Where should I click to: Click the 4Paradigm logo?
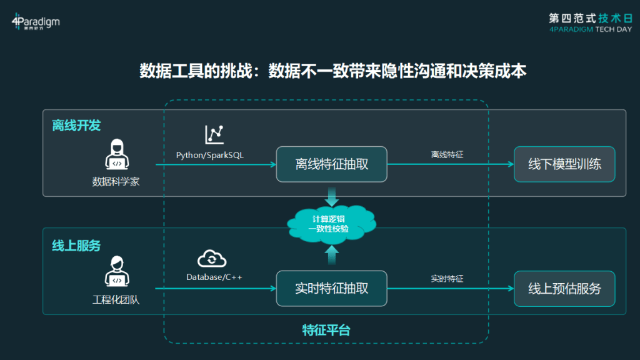click(x=36, y=22)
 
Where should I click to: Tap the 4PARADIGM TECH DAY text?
click(x=590, y=29)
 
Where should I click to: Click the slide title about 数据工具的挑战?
click(x=332, y=71)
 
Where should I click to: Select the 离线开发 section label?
click(x=76, y=125)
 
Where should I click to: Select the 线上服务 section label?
click(x=76, y=246)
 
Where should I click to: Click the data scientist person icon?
click(x=117, y=154)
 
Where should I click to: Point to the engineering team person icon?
click(x=117, y=271)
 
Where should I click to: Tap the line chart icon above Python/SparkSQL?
click(x=214, y=134)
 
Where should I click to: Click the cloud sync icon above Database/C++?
click(x=212, y=258)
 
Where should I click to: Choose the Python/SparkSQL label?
click(x=210, y=155)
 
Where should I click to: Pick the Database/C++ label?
click(x=214, y=277)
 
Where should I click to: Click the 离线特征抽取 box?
click(x=331, y=164)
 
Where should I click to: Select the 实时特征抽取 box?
click(x=331, y=289)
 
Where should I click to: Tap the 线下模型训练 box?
click(x=564, y=164)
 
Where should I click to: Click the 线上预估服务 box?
click(x=564, y=289)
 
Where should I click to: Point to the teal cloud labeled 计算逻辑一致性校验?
click(x=331, y=224)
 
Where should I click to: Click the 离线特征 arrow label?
click(x=447, y=155)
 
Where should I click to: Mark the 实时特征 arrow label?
click(x=447, y=279)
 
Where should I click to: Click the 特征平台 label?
click(x=326, y=330)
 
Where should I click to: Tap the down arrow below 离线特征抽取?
click(x=332, y=197)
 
